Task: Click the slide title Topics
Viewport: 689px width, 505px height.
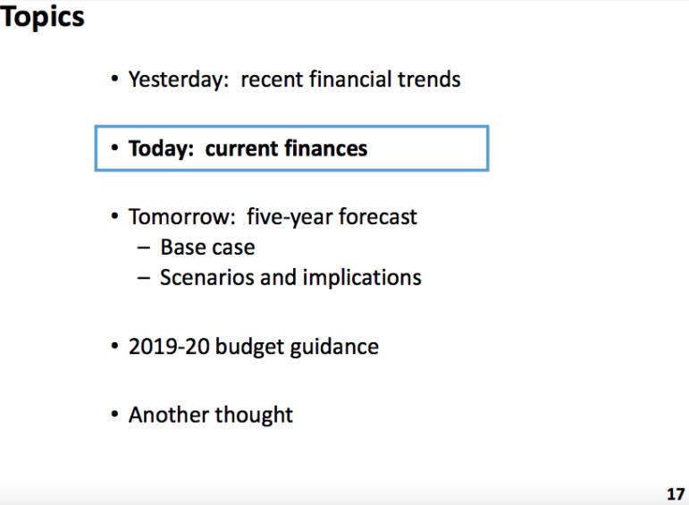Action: click(42, 18)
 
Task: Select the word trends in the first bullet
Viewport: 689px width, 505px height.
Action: click(429, 80)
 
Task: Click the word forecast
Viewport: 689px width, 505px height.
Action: click(377, 216)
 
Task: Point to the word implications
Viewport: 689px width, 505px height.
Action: click(362, 278)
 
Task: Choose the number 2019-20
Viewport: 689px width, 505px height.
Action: click(169, 347)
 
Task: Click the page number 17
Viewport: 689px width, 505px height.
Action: click(676, 494)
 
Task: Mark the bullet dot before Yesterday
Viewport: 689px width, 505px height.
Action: click(114, 80)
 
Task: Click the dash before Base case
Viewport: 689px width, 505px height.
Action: click(143, 248)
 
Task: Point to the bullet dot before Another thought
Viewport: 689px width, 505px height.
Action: click(114, 415)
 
